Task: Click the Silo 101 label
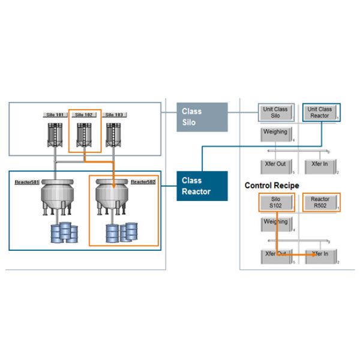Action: pyautogui.click(x=55, y=114)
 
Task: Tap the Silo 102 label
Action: pyautogui.click(x=84, y=114)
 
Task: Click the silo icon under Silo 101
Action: pyautogui.click(x=55, y=136)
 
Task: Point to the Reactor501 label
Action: pyautogui.click(x=27, y=181)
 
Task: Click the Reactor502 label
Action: pyautogui.click(x=143, y=181)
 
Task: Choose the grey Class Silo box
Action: pyautogui.click(x=202, y=117)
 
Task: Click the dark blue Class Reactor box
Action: pyautogui.click(x=202, y=185)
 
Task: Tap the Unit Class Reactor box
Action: pyautogui.click(x=320, y=112)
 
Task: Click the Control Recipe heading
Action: pyautogui.click(x=272, y=185)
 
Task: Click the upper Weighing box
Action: pyautogui.click(x=275, y=133)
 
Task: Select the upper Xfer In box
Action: pyautogui.click(x=320, y=165)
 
